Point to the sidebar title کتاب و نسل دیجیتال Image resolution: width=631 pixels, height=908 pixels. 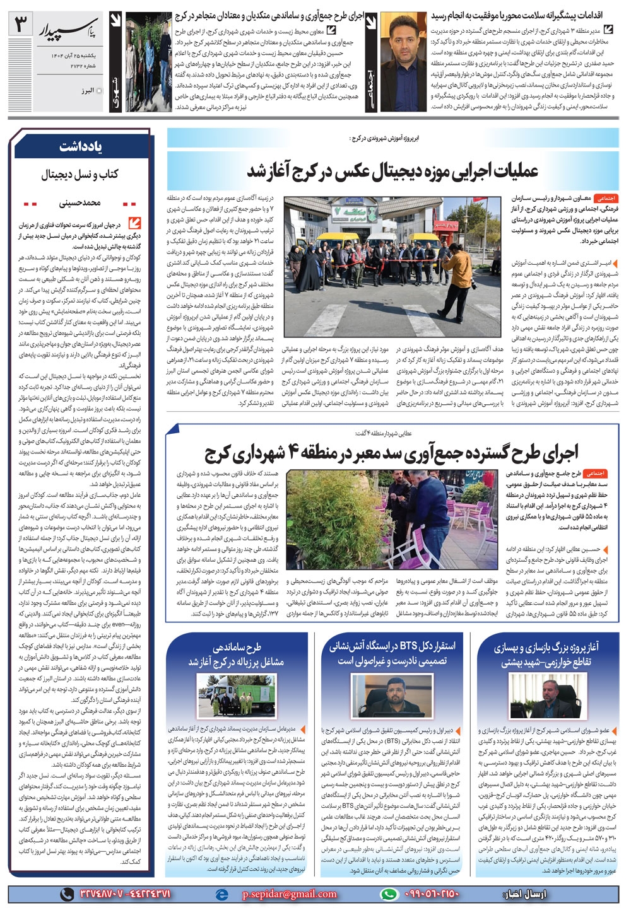[x=80, y=175]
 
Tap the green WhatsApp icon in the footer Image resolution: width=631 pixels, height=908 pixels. [x=390, y=894]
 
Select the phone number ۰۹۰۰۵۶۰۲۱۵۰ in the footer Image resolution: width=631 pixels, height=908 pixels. [x=428, y=894]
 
